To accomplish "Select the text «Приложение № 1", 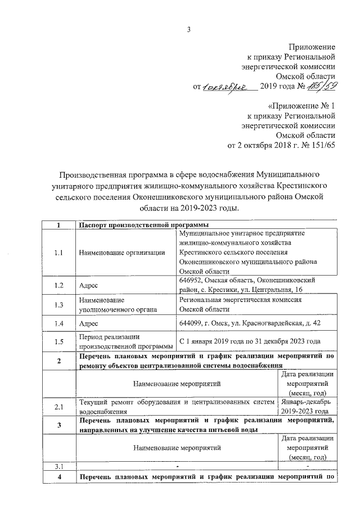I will coord(301,105).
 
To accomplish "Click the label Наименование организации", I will coord(121,253).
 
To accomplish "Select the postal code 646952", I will coord(193,280).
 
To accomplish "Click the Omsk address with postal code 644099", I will coord(249,323).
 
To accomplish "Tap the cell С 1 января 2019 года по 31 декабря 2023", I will coord(249,341).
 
